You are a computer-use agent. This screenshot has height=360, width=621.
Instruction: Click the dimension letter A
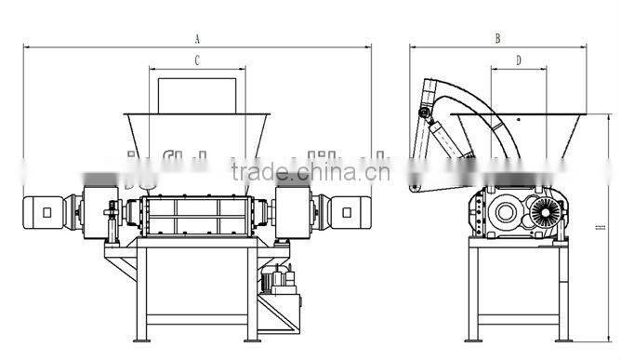click(x=197, y=38)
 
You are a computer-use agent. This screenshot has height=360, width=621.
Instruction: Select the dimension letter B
click(x=497, y=38)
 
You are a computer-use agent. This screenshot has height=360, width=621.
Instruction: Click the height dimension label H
click(x=601, y=225)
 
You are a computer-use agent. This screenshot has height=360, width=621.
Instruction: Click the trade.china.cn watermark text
click(x=310, y=171)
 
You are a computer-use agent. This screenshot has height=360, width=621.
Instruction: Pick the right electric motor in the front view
click(x=348, y=211)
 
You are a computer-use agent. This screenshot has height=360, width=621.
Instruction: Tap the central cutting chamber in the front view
click(x=196, y=216)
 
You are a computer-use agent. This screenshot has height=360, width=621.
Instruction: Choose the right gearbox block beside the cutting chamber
click(x=294, y=211)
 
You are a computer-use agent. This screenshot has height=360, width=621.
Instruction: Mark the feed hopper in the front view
click(x=196, y=130)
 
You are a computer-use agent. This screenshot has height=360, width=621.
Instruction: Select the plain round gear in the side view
click(x=507, y=212)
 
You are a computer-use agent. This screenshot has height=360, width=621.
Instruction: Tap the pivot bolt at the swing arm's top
click(x=425, y=113)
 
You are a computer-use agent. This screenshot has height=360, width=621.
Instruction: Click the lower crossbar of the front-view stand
click(x=196, y=319)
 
